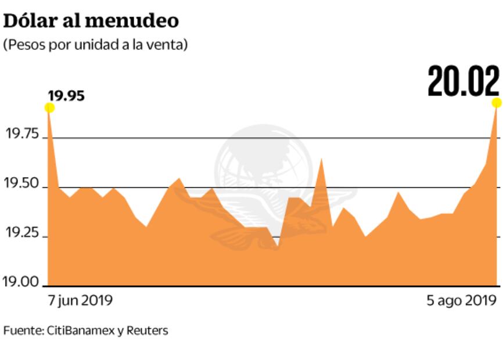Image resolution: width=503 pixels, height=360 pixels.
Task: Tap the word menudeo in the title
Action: point(131,20)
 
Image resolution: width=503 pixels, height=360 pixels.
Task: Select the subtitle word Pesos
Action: point(24,45)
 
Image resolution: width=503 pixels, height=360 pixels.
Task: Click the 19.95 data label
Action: point(66,95)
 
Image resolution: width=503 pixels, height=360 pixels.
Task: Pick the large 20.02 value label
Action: point(463,82)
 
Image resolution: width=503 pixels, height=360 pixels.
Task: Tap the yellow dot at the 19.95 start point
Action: point(49,107)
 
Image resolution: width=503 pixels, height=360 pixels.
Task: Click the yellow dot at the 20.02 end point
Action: point(497,103)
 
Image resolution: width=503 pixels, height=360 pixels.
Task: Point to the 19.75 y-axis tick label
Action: point(21,135)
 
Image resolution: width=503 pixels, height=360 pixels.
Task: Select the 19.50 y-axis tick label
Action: point(21,185)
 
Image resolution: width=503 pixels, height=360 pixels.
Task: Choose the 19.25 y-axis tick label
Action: point(21,234)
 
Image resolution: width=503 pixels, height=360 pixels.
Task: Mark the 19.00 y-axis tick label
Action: point(21,282)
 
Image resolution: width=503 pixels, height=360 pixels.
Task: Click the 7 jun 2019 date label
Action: point(80,301)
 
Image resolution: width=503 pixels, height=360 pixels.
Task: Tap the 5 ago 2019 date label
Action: point(462,301)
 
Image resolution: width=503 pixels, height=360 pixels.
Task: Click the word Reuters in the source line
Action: point(147,331)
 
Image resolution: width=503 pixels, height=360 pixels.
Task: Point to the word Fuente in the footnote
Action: point(22,331)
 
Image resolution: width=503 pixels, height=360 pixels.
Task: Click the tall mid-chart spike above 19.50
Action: point(321,159)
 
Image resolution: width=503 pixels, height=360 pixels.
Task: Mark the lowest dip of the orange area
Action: point(277,247)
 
